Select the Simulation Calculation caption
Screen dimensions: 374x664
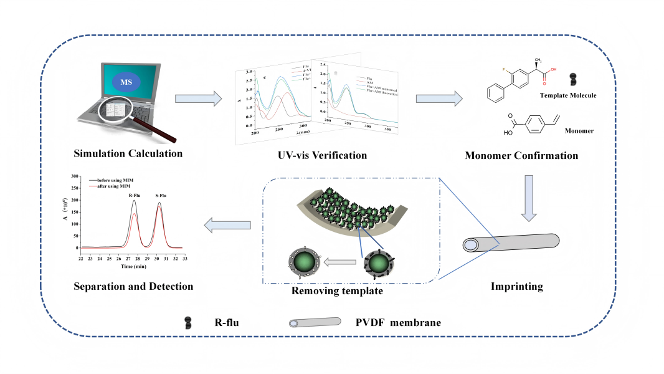tap(128, 154)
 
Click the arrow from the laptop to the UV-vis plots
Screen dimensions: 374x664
tap(199, 98)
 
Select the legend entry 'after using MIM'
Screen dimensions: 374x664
tap(115, 186)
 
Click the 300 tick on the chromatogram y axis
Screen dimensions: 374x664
tap(76, 177)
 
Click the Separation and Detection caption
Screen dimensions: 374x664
tap(133, 286)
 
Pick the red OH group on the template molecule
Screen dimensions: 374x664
tap(553, 70)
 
